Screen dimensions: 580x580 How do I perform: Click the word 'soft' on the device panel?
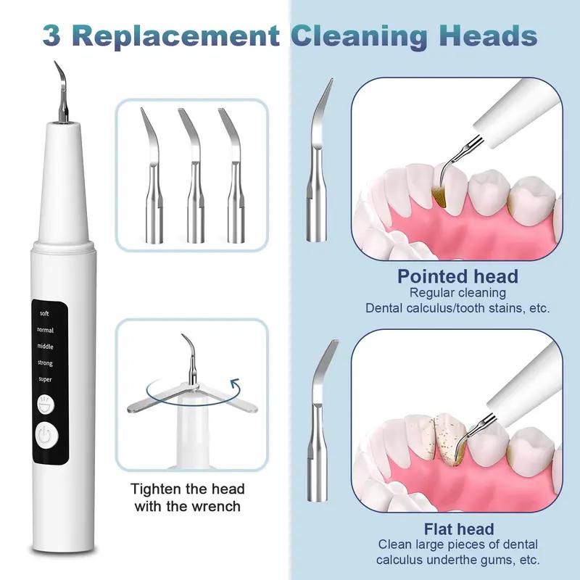pyautogui.click(x=45, y=314)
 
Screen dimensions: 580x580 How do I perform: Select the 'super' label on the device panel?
pyautogui.click(x=45, y=378)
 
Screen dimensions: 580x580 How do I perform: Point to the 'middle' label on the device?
pyautogui.click(x=45, y=346)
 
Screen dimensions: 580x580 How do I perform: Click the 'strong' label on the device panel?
pyautogui.click(x=45, y=362)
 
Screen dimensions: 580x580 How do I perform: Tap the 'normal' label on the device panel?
pyautogui.click(x=45, y=330)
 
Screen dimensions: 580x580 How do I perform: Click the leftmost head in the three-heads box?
pyautogui.click(x=154, y=178)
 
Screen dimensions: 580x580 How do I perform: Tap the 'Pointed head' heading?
pyautogui.click(x=457, y=276)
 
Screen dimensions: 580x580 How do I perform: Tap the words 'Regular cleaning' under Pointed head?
pyautogui.click(x=457, y=293)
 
